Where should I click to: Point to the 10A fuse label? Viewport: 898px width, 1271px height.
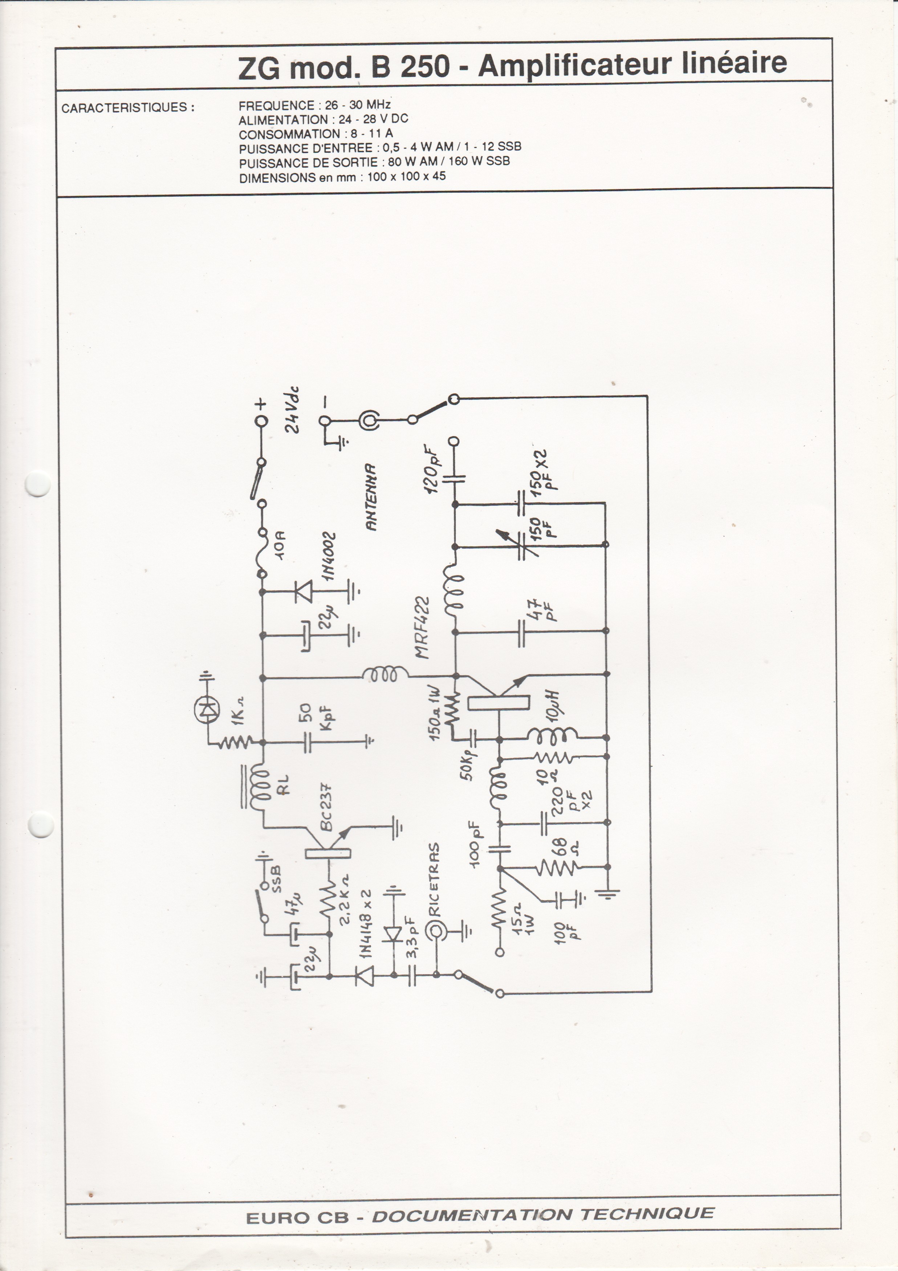[x=280, y=546]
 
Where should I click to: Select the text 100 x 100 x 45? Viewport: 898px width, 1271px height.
[x=407, y=177]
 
